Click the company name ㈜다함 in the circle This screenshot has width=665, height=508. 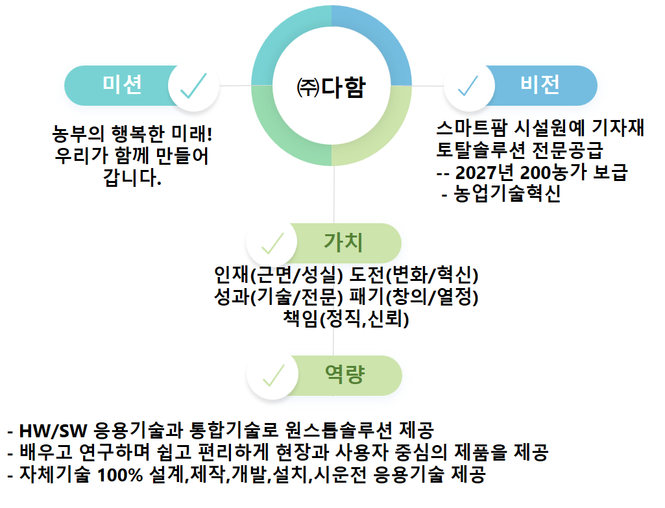tap(332, 88)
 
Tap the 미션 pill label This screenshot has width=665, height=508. tap(122, 84)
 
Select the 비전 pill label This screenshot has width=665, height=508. tap(540, 84)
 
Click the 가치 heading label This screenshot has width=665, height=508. tap(343, 243)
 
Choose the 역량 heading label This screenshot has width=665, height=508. tap(345, 374)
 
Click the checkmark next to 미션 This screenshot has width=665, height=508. tap(193, 86)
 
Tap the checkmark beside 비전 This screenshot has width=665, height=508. tap(468, 86)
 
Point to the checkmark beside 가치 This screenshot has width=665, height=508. tap(272, 243)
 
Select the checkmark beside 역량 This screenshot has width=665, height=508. tap(274, 376)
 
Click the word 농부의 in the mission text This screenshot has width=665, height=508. tap(78, 134)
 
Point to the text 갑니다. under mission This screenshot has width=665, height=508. tap(132, 177)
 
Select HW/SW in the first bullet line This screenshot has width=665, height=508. tap(53, 431)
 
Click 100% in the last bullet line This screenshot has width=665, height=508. tap(121, 475)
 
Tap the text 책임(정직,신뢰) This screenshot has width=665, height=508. tap(346, 319)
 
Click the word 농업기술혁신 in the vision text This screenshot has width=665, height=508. tap(507, 193)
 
